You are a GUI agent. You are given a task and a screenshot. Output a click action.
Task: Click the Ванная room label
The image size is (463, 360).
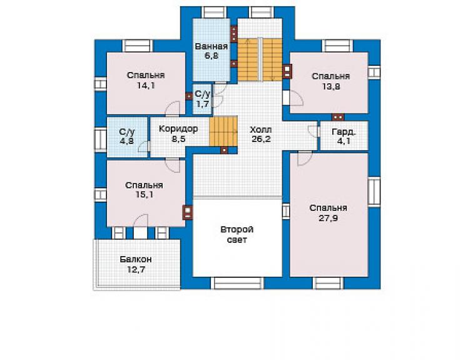click(211, 46)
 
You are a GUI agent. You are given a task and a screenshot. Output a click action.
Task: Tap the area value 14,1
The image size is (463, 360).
click(146, 86)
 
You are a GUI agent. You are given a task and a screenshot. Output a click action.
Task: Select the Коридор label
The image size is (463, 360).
click(178, 129)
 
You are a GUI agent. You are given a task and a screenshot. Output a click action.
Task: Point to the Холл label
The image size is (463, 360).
click(261, 130)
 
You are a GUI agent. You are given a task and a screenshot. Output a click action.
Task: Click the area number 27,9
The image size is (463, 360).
click(328, 218)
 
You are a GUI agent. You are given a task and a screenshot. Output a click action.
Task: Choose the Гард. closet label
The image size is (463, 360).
click(343, 132)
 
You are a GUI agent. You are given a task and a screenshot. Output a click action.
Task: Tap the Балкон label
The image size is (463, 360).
click(136, 259)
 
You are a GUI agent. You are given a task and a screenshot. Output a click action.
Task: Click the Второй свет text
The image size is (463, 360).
click(237, 234)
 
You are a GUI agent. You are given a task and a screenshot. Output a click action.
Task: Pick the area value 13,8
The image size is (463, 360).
click(331, 86)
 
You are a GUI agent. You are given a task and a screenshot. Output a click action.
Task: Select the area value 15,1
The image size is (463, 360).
click(145, 195)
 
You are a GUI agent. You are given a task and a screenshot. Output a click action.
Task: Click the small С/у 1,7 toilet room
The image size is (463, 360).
click(202, 99)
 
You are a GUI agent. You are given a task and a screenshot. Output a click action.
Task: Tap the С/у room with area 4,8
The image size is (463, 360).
click(127, 137)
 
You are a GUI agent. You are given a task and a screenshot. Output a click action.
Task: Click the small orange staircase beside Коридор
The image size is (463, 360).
click(223, 131)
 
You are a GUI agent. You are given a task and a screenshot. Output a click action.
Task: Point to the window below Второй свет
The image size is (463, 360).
click(238, 283)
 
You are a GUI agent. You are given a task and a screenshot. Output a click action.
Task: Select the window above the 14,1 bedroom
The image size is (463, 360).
click(138, 46)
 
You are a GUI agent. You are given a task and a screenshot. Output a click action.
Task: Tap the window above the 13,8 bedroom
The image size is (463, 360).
click(337, 46)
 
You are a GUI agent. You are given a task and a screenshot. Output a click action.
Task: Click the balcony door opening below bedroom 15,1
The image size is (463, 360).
click(140, 233)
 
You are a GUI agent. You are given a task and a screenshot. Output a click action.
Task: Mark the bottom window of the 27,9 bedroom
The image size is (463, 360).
click(328, 283)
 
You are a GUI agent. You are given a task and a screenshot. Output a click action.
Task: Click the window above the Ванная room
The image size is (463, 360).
click(214, 12)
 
